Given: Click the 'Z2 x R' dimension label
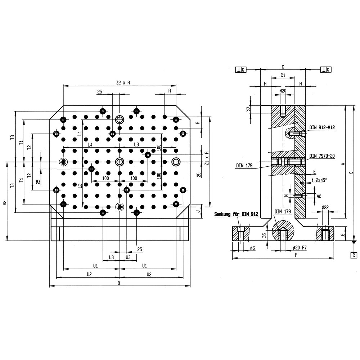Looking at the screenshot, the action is [x=123, y=83].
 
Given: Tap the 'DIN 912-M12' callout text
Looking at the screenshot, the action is [x=322, y=127].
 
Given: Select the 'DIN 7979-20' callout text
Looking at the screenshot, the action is [x=322, y=156].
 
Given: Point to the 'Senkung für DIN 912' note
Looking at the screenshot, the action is [x=236, y=214].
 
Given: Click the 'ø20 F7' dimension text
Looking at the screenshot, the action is [x=300, y=248].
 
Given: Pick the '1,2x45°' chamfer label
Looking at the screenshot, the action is [x=319, y=180].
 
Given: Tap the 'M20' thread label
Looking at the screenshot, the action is [x=283, y=91].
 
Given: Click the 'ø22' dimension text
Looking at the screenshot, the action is [x=325, y=208].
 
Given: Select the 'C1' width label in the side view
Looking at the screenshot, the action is [x=283, y=75].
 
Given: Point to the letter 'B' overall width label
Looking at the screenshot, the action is [x=119, y=283].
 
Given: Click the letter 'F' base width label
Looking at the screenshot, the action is [x=296, y=255].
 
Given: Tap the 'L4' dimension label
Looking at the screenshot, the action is [x=90, y=145].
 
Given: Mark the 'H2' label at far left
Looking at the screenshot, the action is [x=5, y=203].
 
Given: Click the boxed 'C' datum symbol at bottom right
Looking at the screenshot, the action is [x=354, y=255].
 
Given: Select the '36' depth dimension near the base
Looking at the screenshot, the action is [x=264, y=235].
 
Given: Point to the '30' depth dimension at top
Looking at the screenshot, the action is [x=248, y=109].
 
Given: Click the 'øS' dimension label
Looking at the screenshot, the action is [x=252, y=248].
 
